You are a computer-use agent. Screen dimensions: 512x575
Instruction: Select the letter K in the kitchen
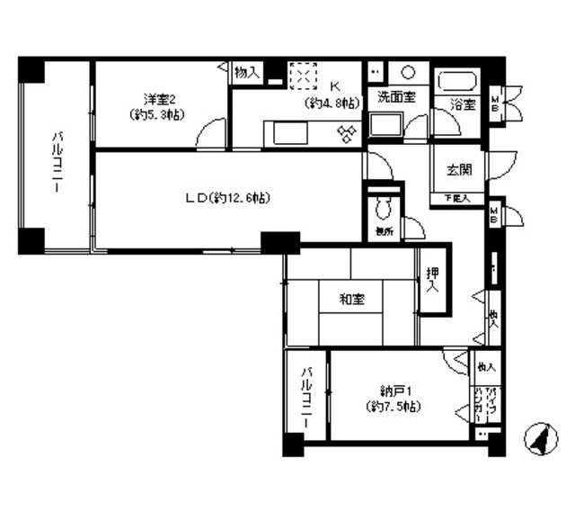click(334, 86)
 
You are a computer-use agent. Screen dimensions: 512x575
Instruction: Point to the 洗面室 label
click(395, 97)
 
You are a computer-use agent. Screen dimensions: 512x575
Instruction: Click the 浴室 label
click(462, 104)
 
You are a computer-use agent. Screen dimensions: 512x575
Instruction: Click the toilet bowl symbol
click(384, 209)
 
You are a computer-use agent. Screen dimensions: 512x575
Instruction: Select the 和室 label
click(353, 299)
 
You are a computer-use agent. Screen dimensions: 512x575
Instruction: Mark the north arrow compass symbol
click(540, 440)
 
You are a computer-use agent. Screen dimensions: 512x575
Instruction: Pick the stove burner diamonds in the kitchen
click(348, 133)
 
